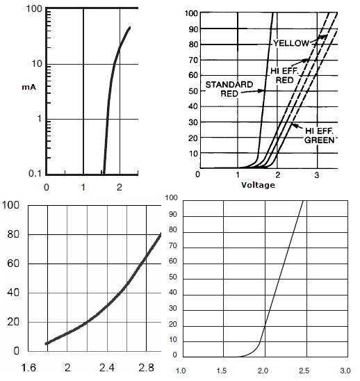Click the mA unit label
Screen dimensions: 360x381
click(x=29, y=87)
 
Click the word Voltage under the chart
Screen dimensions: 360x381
click(x=258, y=185)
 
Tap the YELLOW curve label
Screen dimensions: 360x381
click(x=291, y=43)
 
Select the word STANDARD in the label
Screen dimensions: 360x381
click(x=229, y=85)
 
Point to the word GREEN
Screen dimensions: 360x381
click(x=320, y=140)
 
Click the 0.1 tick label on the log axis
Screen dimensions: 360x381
click(x=35, y=173)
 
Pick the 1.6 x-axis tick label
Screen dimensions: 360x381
click(x=28, y=367)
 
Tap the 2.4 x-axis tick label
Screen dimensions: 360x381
click(x=107, y=367)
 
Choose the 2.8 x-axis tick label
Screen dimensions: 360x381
click(x=146, y=367)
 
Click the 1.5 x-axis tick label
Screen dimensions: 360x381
click(x=222, y=371)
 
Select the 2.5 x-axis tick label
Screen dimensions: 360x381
click(x=304, y=371)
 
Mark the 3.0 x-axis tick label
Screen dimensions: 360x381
click(x=345, y=371)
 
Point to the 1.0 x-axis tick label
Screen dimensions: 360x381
click(x=181, y=371)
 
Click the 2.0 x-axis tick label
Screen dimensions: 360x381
click(x=263, y=371)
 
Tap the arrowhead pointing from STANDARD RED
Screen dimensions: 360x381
click(x=261, y=91)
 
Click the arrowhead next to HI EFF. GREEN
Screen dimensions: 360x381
click(x=295, y=125)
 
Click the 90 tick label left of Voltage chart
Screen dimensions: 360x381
click(x=193, y=29)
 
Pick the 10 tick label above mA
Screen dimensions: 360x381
click(x=37, y=64)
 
